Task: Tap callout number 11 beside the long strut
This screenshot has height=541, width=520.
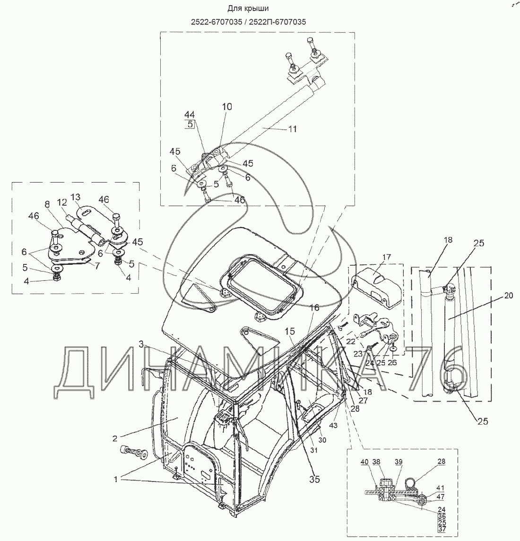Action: (293, 129)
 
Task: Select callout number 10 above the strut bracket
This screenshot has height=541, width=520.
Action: (227, 107)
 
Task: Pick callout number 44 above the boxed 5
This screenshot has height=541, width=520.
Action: (190, 114)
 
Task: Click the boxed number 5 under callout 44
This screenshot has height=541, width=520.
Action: (190, 124)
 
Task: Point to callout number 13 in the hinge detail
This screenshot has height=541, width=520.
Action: (76, 197)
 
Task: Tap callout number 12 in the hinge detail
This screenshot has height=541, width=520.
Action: (62, 203)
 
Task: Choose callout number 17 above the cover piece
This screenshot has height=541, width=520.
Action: (387, 257)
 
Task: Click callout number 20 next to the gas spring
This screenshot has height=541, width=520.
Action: (509, 296)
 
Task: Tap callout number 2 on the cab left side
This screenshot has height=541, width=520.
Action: (115, 438)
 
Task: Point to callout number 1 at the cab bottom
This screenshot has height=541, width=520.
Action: (116, 480)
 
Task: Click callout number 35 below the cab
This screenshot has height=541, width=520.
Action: (314, 479)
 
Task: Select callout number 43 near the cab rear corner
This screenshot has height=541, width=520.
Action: (333, 426)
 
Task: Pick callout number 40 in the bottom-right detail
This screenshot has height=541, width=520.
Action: (364, 462)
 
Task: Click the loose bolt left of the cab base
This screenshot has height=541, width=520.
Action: (134, 452)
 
